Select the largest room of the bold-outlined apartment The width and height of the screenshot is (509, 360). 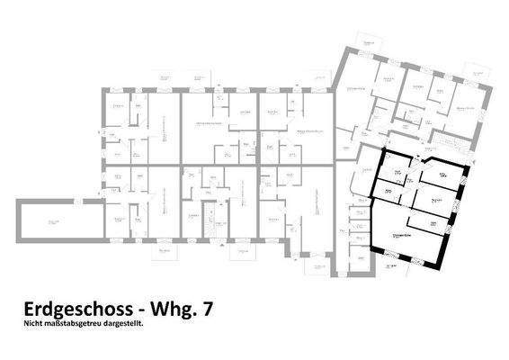tap(410, 236)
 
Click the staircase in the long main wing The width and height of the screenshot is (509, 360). tap(207, 225)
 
